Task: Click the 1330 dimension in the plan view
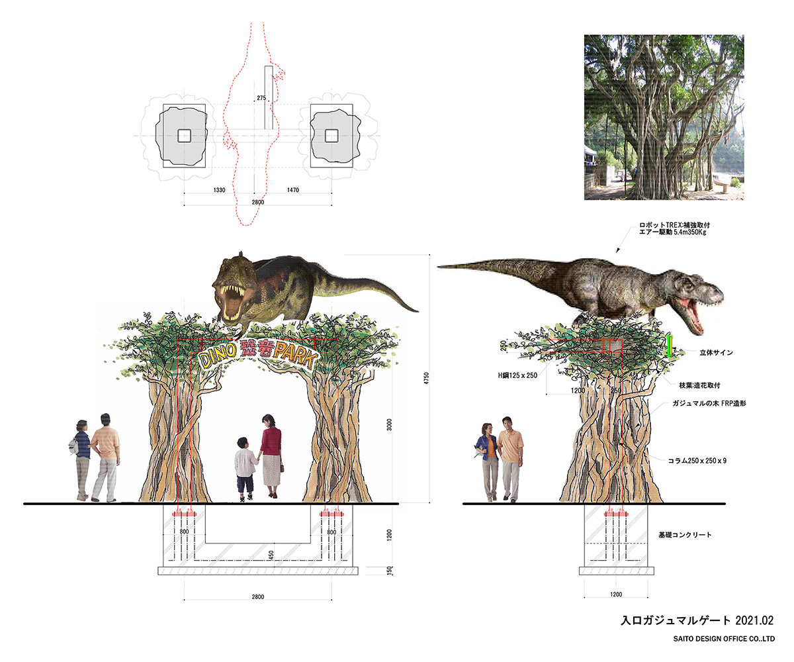click(x=220, y=190)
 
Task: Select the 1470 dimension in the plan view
click(x=293, y=190)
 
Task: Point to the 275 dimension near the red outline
click(x=261, y=98)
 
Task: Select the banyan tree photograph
click(x=664, y=117)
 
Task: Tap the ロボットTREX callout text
click(x=675, y=228)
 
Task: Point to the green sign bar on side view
click(x=670, y=346)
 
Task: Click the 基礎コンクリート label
click(x=684, y=534)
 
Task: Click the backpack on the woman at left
click(x=74, y=447)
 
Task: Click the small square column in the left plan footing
click(x=185, y=136)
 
